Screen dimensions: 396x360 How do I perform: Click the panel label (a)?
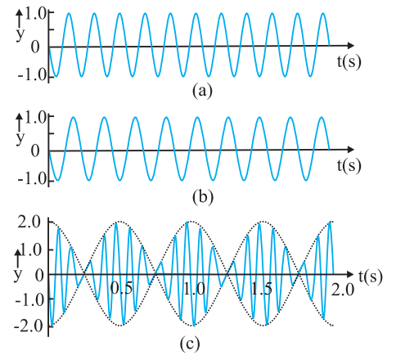pyautogui.click(x=202, y=91)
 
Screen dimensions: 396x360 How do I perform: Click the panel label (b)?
pyautogui.click(x=203, y=196)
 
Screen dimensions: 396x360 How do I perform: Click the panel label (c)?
pyautogui.click(x=190, y=344)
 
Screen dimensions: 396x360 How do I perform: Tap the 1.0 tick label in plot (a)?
pyautogui.click(x=36, y=15)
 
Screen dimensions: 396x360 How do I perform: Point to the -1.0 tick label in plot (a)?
pyautogui.click(x=32, y=74)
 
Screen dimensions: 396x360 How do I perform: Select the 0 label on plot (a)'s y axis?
pyautogui.click(x=35, y=47)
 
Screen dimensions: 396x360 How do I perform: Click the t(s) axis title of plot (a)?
pyautogui.click(x=349, y=62)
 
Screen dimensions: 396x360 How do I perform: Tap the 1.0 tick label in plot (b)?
pyautogui.click(x=36, y=119)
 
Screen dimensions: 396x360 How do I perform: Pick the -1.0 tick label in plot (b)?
pyautogui.click(x=32, y=178)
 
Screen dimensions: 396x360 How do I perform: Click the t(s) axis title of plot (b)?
pyautogui.click(x=349, y=165)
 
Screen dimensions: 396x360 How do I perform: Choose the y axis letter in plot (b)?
pyautogui.click(x=20, y=138)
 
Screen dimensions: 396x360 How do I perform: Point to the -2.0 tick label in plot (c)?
pyautogui.click(x=29, y=326)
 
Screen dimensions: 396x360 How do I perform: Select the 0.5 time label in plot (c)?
pyautogui.click(x=122, y=289)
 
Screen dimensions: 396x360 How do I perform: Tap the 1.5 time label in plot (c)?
pyautogui.click(x=262, y=289)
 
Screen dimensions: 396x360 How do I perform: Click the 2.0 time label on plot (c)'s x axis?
pyautogui.click(x=343, y=290)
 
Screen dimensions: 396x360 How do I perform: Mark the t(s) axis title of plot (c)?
pyautogui.click(x=371, y=277)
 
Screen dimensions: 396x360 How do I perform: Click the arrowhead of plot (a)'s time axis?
pyautogui.click(x=350, y=45)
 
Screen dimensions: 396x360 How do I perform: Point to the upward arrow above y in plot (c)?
pyautogui.click(x=18, y=258)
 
